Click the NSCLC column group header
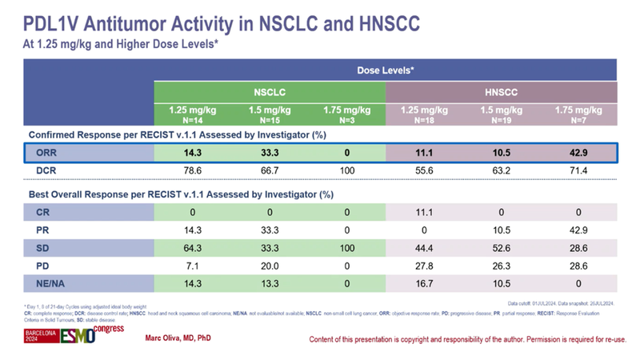pyautogui.click(x=269, y=92)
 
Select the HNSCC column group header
pyautogui.click(x=501, y=92)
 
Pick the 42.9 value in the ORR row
pyautogui.click(x=578, y=152)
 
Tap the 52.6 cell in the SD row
pyautogui.click(x=502, y=247)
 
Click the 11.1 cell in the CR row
pyautogui.click(x=424, y=213)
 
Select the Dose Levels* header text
pyautogui.click(x=385, y=70)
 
